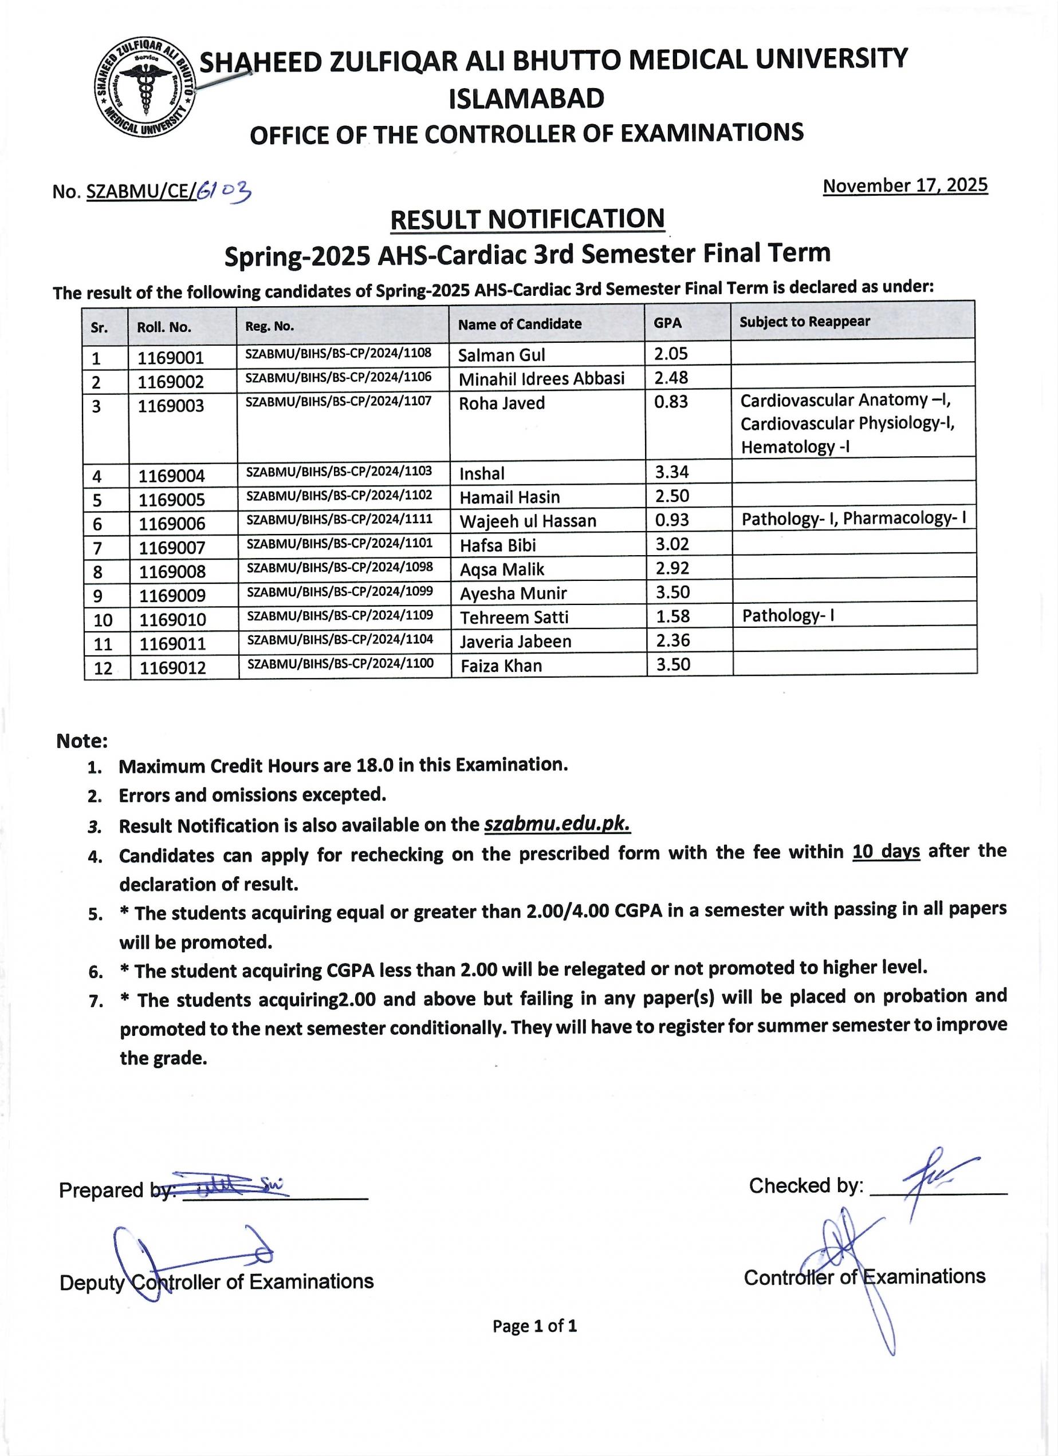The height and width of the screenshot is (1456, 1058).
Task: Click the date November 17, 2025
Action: [904, 185]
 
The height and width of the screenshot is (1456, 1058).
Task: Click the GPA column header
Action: [667, 323]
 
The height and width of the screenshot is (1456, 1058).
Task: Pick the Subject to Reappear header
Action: [804, 322]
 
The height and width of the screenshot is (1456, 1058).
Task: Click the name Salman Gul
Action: [502, 355]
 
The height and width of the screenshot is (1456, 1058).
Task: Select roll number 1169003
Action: [171, 406]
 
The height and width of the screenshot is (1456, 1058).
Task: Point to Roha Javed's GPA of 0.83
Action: [671, 402]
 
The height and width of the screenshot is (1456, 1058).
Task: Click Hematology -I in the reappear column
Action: [795, 447]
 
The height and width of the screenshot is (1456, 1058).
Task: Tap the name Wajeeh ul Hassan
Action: [528, 521]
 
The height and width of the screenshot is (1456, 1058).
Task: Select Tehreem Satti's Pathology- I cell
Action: [788, 616]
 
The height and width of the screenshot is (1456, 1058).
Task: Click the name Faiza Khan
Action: [501, 666]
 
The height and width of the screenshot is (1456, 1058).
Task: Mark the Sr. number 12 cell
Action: [104, 668]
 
